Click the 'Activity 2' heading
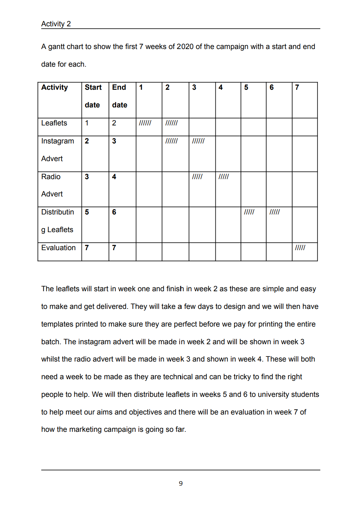click(56, 24)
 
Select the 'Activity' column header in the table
click(54, 88)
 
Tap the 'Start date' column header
click(93, 96)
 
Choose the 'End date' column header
click(119, 96)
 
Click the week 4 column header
click(220, 88)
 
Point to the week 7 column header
click(297, 88)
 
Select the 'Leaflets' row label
click(54, 123)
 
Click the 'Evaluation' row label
click(58, 248)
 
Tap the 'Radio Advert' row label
click(52, 185)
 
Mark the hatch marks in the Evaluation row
click(300, 248)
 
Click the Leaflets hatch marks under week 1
click(145, 123)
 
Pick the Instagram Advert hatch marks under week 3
click(198, 141)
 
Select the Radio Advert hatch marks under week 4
click(224, 177)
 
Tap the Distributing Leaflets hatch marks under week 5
click(249, 212)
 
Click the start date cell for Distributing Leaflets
click(87, 212)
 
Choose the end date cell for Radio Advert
click(114, 177)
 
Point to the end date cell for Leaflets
click(114, 123)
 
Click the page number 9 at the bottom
click(181, 484)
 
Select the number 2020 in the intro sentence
click(185, 47)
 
